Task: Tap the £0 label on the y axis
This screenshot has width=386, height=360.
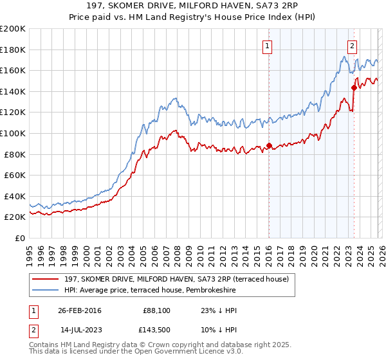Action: [20, 238]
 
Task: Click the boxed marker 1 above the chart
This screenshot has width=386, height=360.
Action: [267, 46]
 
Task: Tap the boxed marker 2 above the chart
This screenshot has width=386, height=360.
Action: [353, 46]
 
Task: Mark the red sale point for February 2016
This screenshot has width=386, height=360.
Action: [269, 145]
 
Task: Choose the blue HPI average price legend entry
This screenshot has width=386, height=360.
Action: [150, 291]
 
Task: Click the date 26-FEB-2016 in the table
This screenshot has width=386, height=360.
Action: [79, 310]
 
